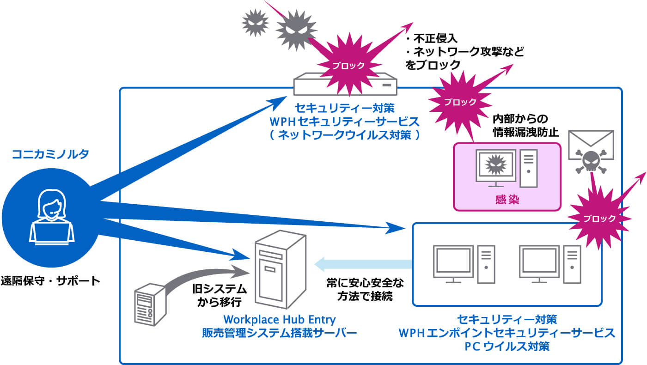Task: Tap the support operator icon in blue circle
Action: tap(51, 217)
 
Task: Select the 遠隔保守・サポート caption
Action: tap(50, 280)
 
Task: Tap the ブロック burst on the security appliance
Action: tap(348, 64)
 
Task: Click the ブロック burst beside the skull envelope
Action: tap(598, 218)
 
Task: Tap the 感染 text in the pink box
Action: tap(507, 200)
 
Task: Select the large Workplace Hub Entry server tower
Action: tap(278, 270)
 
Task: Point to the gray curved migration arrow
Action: tap(203, 277)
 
